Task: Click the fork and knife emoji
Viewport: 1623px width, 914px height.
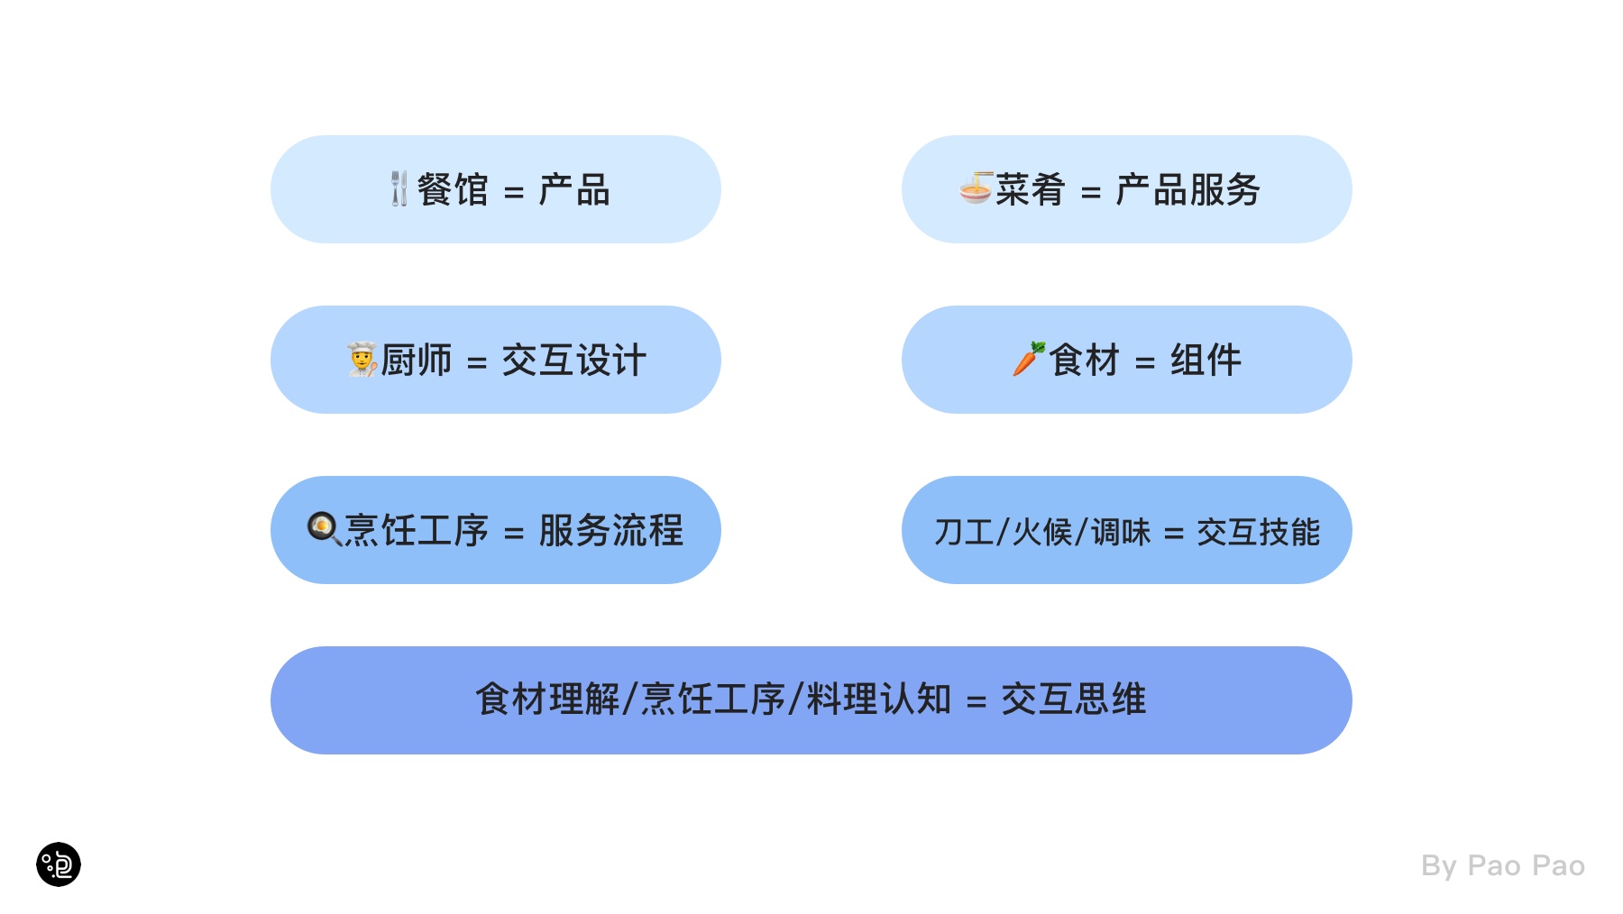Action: tap(399, 189)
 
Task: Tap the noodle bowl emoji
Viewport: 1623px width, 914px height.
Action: tap(976, 188)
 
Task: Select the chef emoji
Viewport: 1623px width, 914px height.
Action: tap(362, 360)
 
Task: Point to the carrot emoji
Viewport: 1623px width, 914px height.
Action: tap(1029, 359)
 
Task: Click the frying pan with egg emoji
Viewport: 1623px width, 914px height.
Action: tap(325, 529)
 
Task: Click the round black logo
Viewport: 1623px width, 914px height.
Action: tap(59, 864)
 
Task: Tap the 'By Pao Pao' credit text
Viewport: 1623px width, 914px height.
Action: tap(1503, 865)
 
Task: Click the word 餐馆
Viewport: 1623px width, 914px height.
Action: tap(453, 190)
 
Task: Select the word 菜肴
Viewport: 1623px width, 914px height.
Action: tap(1031, 190)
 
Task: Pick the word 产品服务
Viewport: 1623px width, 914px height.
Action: tap(1187, 190)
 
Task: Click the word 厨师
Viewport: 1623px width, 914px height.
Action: tap(416, 361)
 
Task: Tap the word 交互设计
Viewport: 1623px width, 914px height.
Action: tap(574, 361)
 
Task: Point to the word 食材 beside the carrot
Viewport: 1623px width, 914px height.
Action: tap(1084, 361)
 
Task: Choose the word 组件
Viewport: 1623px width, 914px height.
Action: tap(1206, 361)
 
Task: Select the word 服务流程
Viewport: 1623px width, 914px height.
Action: tap(611, 531)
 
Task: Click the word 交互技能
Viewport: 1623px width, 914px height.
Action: tap(1259, 533)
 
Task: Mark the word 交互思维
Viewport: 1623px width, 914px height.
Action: tap(1074, 699)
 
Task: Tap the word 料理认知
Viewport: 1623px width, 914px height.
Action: tap(879, 699)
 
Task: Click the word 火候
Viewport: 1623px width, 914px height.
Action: tap(1042, 533)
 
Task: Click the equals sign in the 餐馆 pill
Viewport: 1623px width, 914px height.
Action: tap(514, 192)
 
